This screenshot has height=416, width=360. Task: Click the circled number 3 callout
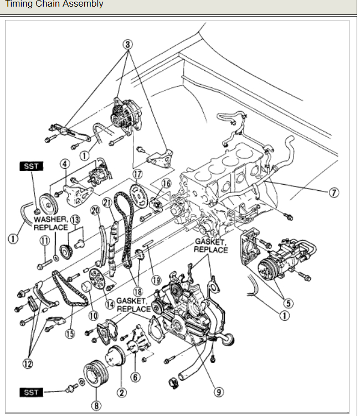click(x=129, y=44)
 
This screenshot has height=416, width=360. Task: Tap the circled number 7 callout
click(x=333, y=193)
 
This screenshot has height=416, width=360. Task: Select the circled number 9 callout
click(x=220, y=392)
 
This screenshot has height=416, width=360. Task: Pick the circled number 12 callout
click(x=27, y=363)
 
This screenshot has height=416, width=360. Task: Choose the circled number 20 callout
click(x=95, y=211)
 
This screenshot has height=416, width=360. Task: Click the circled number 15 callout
click(x=70, y=333)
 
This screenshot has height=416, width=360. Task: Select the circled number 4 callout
click(x=65, y=164)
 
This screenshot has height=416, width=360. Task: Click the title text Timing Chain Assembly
click(x=54, y=4)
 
